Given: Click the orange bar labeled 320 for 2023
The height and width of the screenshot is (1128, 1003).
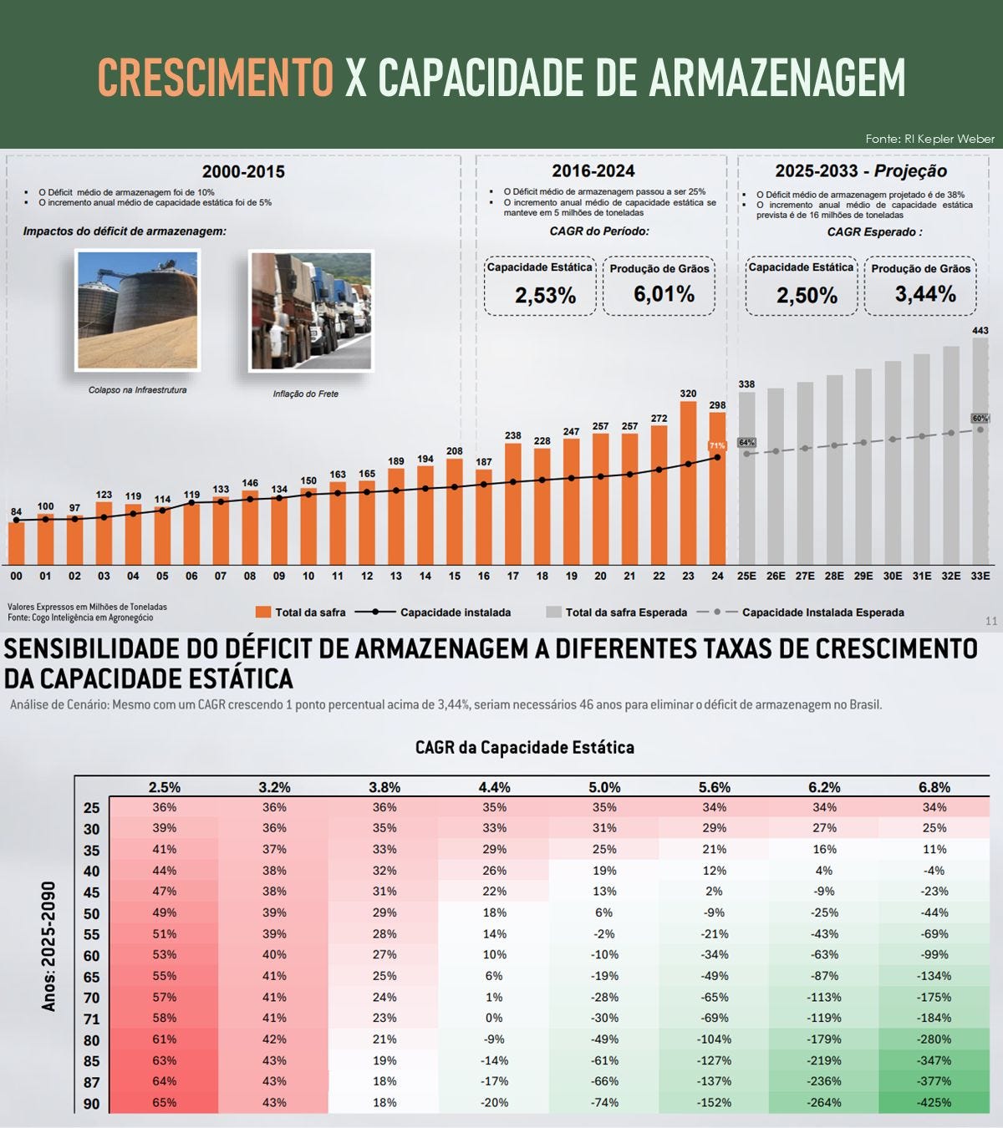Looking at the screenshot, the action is point(689,483).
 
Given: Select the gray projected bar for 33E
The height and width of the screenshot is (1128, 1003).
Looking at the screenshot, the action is point(980,451).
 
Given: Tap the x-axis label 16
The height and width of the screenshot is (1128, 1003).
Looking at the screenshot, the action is point(483,577).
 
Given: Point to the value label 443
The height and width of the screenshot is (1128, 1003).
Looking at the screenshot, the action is point(980,331).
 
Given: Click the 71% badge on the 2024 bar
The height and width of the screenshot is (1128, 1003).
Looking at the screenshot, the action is point(717,446).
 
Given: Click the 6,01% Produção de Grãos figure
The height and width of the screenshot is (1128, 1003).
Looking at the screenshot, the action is point(664,294).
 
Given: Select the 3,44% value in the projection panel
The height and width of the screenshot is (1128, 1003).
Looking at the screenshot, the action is point(925,294).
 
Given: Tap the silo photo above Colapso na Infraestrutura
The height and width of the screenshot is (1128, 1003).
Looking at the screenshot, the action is point(138,310).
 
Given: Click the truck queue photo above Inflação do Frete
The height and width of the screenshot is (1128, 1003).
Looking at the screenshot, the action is point(311,311).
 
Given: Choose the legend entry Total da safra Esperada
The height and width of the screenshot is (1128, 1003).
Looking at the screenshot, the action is point(617,612).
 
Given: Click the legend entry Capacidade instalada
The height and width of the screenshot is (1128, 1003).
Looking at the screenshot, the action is point(433,612).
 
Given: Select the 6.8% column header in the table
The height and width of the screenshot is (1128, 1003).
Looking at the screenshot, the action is point(934,787).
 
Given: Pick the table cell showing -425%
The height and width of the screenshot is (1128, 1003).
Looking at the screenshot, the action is point(934,1102).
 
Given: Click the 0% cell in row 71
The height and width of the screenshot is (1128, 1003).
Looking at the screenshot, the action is point(494,1018).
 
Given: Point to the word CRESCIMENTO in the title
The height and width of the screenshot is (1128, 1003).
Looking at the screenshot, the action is point(216,78).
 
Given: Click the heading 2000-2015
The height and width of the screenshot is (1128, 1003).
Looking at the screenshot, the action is point(243,171).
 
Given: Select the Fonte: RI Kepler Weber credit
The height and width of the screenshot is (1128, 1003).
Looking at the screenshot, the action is point(930,139).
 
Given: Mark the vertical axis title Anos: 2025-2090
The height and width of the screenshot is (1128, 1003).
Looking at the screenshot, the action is point(49,947).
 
